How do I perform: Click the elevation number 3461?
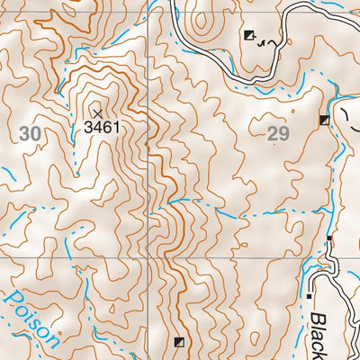(102, 128)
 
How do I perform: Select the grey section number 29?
(279, 135)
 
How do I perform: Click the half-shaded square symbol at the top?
(249, 35)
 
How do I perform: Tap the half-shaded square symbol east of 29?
(325, 120)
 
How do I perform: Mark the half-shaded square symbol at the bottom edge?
(180, 342)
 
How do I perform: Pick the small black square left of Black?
(310, 295)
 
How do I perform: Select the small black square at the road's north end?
(329, 238)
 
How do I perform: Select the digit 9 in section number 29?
(285, 135)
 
